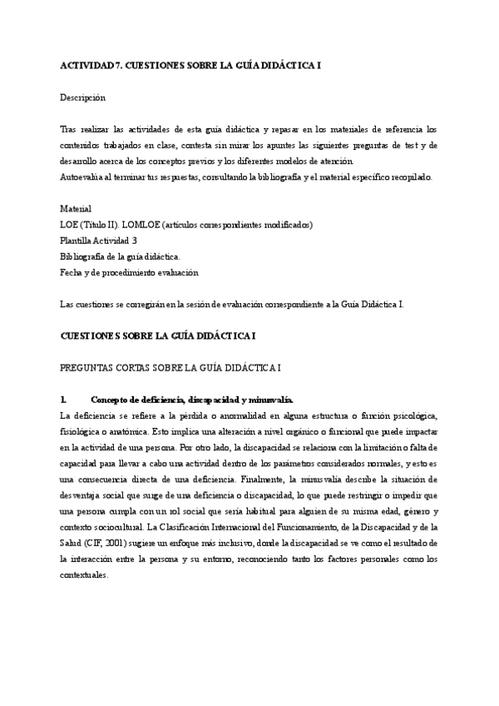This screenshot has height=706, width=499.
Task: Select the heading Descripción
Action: pos(82,97)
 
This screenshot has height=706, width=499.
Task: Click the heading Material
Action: pos(76,208)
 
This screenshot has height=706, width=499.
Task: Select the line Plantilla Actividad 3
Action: pos(98,240)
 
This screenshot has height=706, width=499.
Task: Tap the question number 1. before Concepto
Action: pos(64,399)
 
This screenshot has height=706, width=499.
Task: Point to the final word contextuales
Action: pos(84,575)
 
